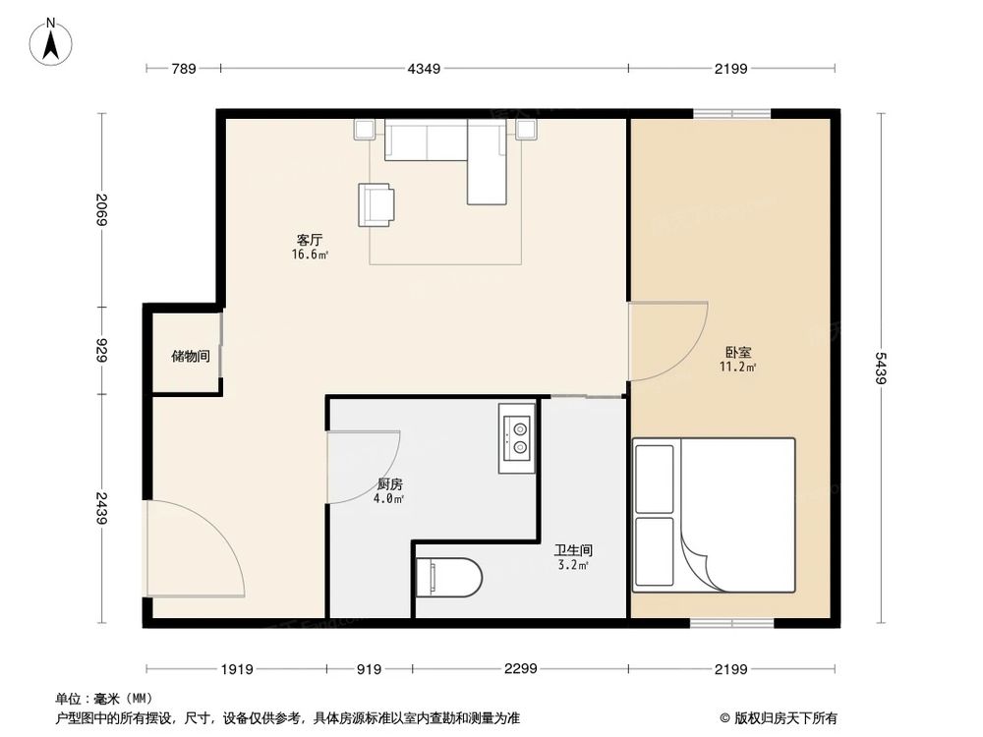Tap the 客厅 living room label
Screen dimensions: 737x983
point(310,241)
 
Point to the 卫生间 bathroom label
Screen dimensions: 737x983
point(573,552)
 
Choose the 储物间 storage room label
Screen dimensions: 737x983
point(190,356)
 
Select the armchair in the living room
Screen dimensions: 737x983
point(376,203)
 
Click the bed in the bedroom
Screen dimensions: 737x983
point(715,515)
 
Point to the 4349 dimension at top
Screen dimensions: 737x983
point(424,68)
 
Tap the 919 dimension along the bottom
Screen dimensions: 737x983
point(369,669)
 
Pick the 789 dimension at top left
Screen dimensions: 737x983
point(184,68)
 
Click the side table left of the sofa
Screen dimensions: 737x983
point(365,129)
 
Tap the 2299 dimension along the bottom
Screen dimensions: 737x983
point(520,669)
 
